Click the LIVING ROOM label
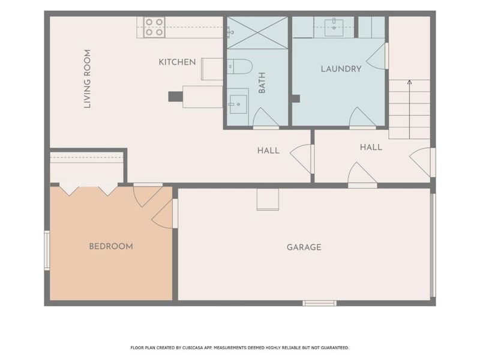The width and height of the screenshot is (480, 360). click(x=88, y=79)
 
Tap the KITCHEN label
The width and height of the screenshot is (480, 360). click(x=177, y=62)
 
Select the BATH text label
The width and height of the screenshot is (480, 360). click(x=262, y=83)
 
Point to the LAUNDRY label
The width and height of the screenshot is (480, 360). click(x=341, y=69)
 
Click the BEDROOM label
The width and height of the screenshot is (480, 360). click(x=111, y=246)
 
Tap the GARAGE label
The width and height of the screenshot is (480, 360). click(x=304, y=247)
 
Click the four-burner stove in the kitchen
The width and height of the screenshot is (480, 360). click(x=154, y=27)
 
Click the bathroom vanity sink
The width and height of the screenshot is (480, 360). click(x=238, y=104)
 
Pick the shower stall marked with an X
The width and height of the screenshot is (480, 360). click(x=257, y=33)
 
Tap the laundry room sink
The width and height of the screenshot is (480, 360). click(x=334, y=28)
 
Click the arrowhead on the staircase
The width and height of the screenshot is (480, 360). click(x=410, y=82)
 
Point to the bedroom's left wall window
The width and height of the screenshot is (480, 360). click(x=47, y=251)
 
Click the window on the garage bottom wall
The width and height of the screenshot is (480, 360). click(x=320, y=303)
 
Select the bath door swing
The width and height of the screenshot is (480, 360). click(x=266, y=118)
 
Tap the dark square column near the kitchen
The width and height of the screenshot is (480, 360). click(x=175, y=97)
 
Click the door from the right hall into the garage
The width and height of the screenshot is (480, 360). click(x=362, y=175)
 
